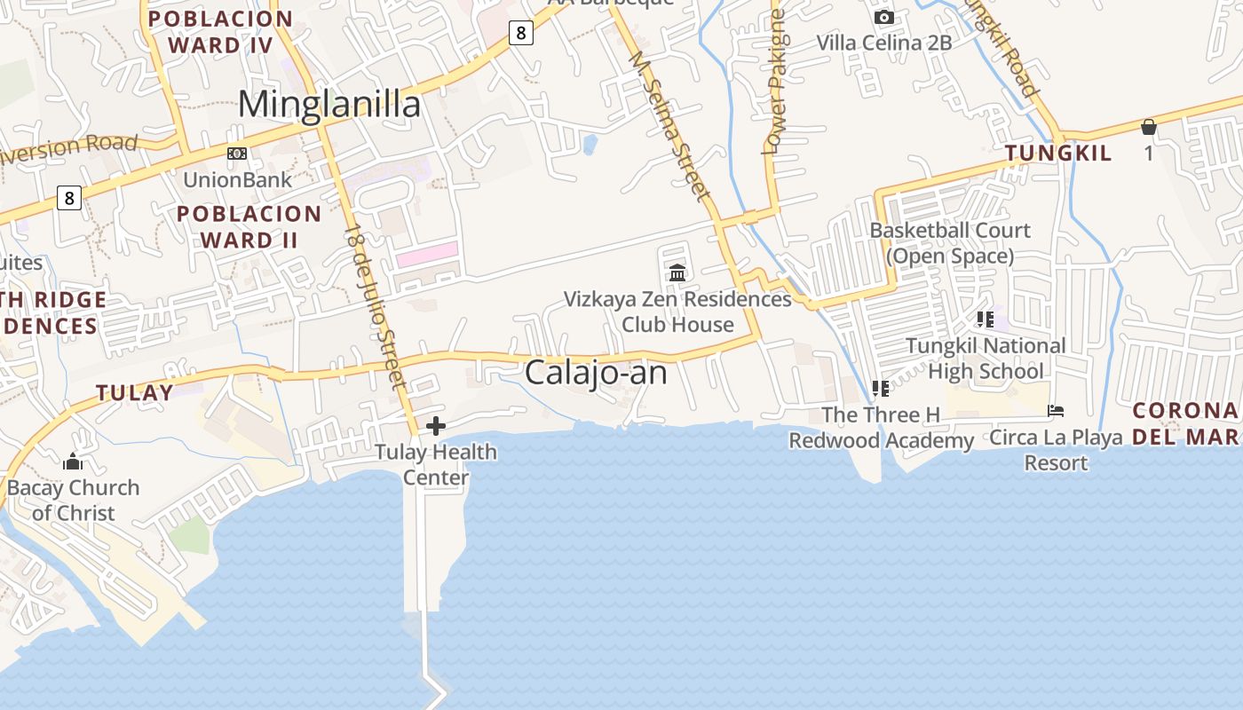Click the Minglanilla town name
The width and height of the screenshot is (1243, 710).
(x=329, y=105)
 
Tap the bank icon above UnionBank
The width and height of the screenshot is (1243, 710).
(x=237, y=154)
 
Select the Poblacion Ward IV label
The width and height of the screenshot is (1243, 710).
(x=220, y=32)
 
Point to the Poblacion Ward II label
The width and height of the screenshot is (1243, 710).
(x=249, y=226)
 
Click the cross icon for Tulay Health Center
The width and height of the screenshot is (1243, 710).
(x=436, y=426)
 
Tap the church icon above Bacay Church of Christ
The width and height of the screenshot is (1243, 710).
(x=73, y=461)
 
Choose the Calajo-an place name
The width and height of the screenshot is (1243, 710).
(x=596, y=373)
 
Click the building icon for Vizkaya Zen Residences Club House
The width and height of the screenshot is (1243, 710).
(x=678, y=272)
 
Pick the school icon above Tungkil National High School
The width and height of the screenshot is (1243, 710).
(x=985, y=319)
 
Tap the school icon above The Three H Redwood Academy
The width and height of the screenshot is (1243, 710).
(x=881, y=388)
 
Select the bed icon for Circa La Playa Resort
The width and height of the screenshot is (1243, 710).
(x=1056, y=411)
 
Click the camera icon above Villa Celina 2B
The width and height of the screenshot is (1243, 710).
(x=883, y=17)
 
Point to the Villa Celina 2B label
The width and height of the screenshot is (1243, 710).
(x=883, y=43)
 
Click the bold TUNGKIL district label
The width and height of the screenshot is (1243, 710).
(x=1058, y=154)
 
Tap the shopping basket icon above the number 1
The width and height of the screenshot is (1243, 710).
(x=1149, y=127)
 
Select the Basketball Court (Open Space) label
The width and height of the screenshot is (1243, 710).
(x=950, y=243)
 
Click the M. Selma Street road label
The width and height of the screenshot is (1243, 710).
(x=669, y=124)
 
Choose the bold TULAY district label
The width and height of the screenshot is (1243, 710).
(x=135, y=392)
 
